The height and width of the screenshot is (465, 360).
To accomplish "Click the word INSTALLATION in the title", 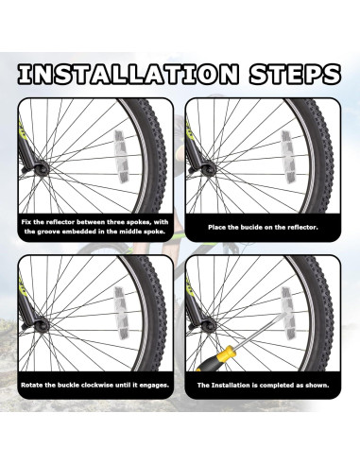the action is (x=129, y=74).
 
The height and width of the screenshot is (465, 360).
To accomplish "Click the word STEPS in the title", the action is (x=295, y=74).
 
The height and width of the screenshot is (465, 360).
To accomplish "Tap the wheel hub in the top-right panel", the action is (x=209, y=169).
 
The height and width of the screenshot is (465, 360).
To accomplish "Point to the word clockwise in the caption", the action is (x=97, y=385).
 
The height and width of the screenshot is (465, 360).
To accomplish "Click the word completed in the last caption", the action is (x=276, y=385).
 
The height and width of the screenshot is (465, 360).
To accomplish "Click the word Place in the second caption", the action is (x=216, y=227).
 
